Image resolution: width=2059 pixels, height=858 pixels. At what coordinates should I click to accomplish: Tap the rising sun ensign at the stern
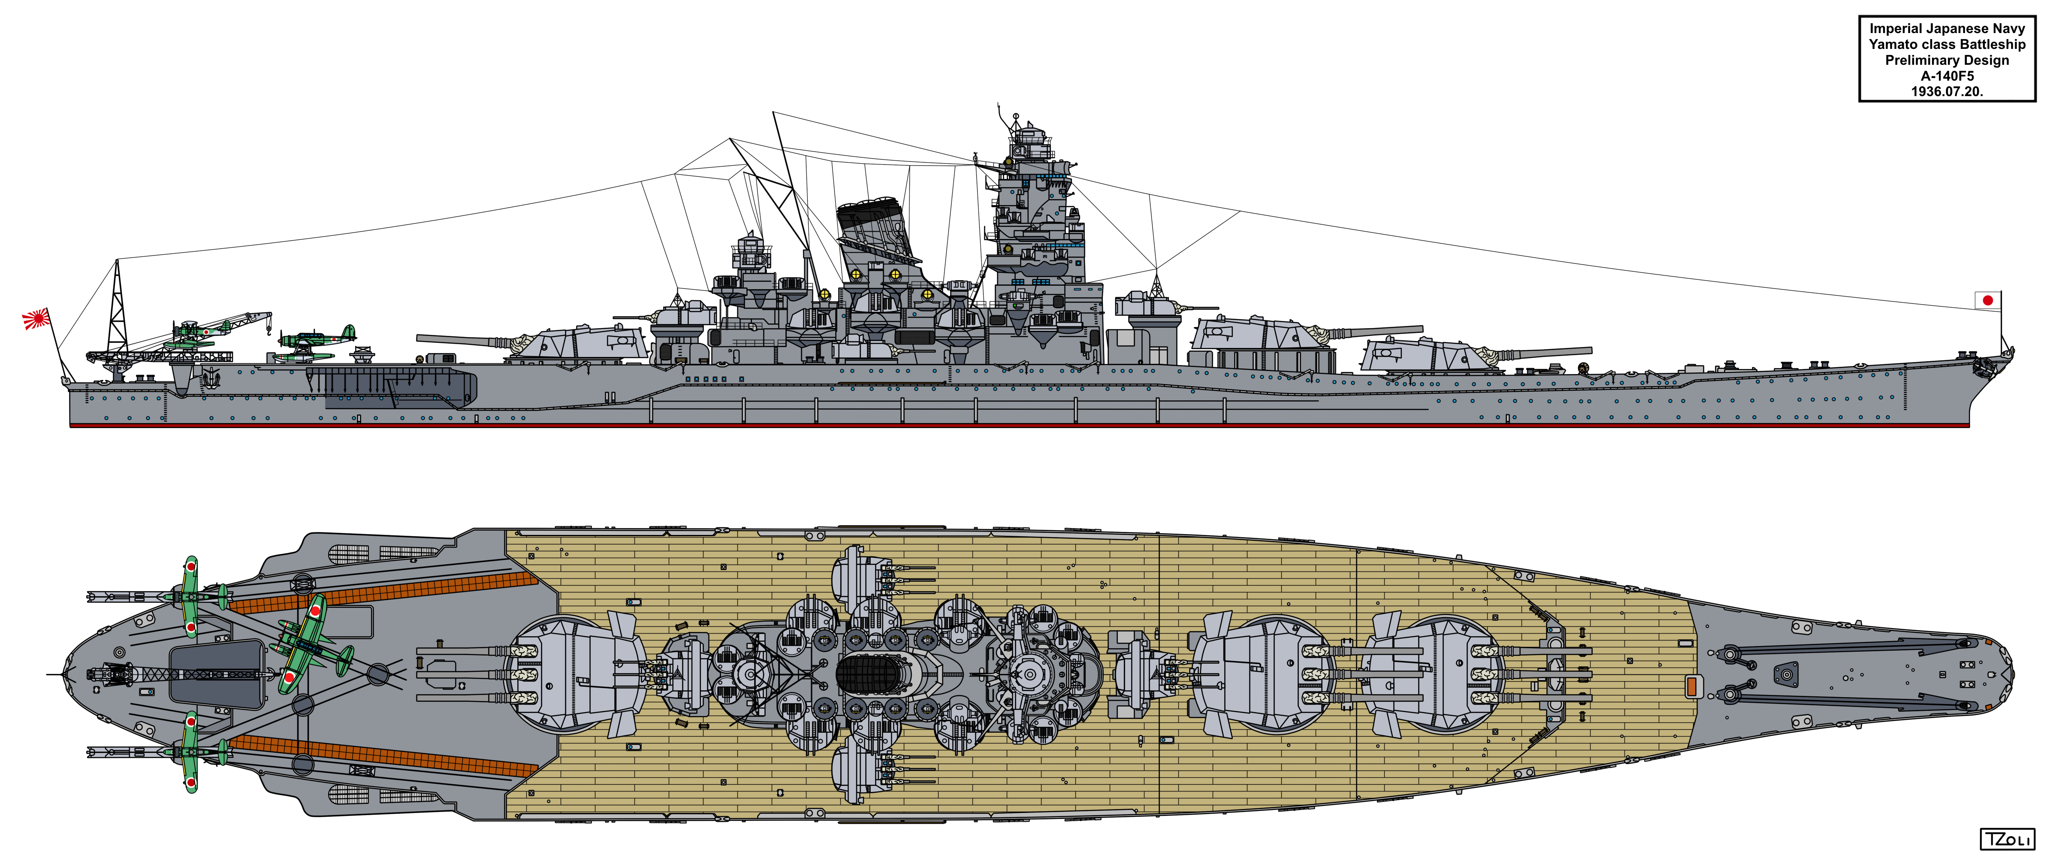(36, 320)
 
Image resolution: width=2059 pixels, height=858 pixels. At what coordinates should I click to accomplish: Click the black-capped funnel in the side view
(875, 232)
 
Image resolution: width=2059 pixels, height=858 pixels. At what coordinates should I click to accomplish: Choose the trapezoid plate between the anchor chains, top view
(1786, 674)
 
